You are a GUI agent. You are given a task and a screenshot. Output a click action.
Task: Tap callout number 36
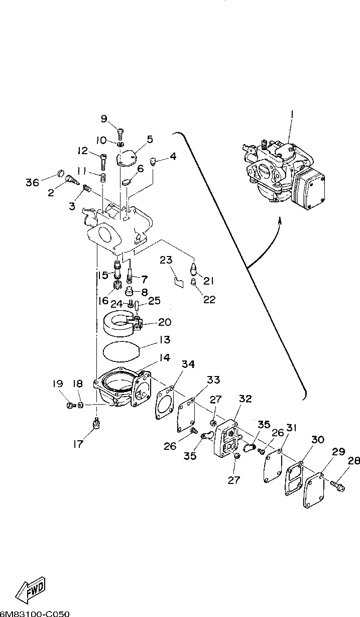(32, 183)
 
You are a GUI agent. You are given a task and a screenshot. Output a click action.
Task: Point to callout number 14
(165, 357)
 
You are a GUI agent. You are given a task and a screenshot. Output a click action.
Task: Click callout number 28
(353, 460)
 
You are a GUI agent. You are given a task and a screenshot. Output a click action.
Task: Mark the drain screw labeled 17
(96, 425)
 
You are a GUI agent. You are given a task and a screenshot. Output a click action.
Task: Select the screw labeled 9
(121, 133)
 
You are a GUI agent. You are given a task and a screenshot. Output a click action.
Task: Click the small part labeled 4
(157, 161)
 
